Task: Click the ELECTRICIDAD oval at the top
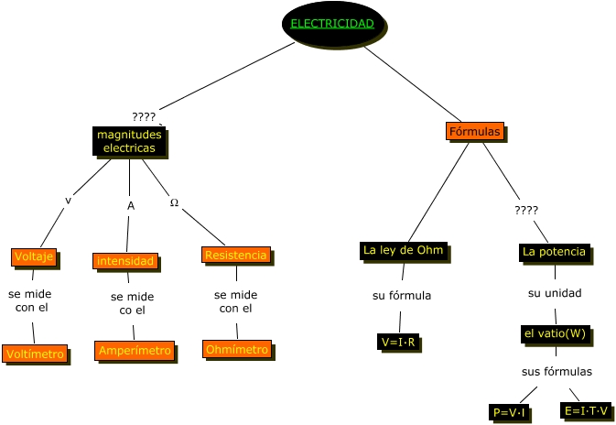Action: pos(333,24)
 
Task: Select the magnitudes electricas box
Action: pos(129,141)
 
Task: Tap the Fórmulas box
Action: pos(474,132)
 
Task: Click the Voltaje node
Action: pos(35,256)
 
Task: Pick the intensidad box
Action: pos(125,261)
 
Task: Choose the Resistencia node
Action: pos(235,255)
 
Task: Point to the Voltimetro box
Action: pos(35,354)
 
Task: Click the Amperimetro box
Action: pos(135,351)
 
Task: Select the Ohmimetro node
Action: pos(237,349)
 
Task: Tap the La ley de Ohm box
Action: pos(403,250)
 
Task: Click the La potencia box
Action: pos(554,251)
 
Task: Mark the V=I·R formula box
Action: pos(398,343)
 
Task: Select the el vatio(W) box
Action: pos(554,333)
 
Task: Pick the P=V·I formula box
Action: pos(509,413)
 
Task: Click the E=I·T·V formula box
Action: pos(586,410)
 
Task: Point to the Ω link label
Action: pos(174,202)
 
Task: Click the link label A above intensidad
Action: pos(131,206)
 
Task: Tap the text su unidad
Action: pos(555,293)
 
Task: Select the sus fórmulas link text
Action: pos(557,371)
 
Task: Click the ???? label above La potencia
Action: pos(526,210)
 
